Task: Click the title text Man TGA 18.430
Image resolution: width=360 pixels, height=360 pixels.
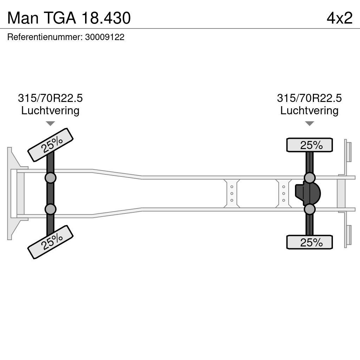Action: click(x=69, y=18)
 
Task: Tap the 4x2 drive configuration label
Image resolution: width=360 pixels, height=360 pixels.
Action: click(x=339, y=18)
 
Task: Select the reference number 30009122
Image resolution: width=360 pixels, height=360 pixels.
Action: click(x=105, y=37)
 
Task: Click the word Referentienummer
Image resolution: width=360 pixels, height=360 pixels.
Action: click(x=44, y=37)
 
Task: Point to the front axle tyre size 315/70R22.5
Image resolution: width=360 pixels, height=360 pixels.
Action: click(x=50, y=98)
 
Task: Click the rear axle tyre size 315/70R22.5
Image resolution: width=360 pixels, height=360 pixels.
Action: click(x=309, y=98)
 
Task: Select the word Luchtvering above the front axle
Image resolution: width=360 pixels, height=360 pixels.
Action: click(x=50, y=110)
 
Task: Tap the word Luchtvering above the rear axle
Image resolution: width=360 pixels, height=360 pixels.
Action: click(x=309, y=110)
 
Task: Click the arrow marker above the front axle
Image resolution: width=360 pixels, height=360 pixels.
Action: click(x=50, y=123)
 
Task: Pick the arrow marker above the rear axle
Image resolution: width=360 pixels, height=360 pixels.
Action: click(x=309, y=123)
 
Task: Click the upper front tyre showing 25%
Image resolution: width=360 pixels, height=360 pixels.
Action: click(x=50, y=145)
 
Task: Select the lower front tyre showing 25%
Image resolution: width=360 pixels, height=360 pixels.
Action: click(x=50, y=242)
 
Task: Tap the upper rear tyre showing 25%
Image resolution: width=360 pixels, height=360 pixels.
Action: click(x=309, y=145)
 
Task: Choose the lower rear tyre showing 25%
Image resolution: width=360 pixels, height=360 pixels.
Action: click(x=309, y=242)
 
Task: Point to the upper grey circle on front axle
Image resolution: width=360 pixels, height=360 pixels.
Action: click(x=50, y=178)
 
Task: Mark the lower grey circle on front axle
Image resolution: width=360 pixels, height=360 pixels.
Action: click(x=50, y=209)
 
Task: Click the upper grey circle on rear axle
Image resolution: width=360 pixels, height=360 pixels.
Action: click(x=309, y=178)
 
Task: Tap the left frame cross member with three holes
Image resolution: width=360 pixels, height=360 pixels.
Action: click(x=232, y=193)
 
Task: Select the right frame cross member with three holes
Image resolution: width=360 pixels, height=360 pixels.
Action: click(x=283, y=193)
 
